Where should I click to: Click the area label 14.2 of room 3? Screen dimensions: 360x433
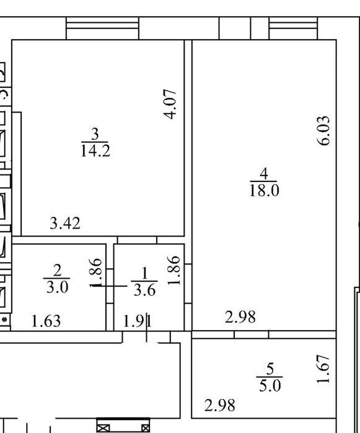(x=95, y=151)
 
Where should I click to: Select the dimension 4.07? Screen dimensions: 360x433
(x=170, y=104)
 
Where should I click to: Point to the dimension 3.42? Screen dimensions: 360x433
(x=65, y=224)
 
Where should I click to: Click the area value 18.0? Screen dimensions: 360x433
(x=265, y=191)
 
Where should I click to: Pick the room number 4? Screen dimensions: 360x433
(x=264, y=173)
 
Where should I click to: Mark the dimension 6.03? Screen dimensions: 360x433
(x=323, y=131)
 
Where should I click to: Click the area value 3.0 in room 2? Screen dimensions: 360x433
(x=57, y=287)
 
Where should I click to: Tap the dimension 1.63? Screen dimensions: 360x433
(x=46, y=321)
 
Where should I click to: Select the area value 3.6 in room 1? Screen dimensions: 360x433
(x=144, y=291)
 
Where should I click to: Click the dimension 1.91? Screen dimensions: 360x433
(x=138, y=321)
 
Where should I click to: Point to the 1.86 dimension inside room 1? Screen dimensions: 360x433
(x=174, y=270)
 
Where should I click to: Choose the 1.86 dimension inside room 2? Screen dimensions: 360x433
(x=96, y=273)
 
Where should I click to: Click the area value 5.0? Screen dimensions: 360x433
(x=270, y=385)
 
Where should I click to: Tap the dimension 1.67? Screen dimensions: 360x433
(x=323, y=369)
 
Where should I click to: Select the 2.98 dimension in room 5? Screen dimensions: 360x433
(x=220, y=405)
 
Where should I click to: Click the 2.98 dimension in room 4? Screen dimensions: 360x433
(x=240, y=317)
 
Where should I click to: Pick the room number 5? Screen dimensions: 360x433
(x=270, y=369)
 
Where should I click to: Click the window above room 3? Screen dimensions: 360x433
(x=102, y=28)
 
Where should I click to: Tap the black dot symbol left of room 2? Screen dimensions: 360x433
(x=4, y=320)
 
